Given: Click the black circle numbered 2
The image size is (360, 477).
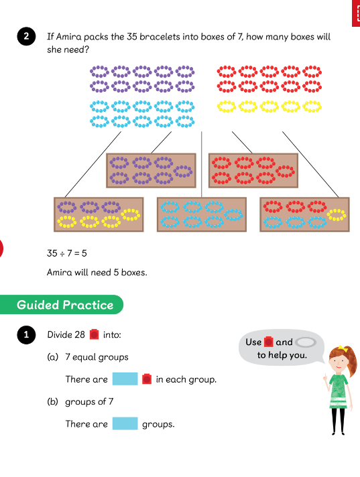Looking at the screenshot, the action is click(x=26, y=36).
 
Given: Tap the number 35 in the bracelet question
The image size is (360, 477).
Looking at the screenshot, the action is click(x=132, y=37).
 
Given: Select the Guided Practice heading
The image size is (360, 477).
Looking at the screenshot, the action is click(x=65, y=305).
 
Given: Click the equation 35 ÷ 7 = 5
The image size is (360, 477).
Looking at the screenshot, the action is click(x=66, y=253).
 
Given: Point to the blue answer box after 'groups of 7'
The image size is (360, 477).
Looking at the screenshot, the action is click(x=125, y=423).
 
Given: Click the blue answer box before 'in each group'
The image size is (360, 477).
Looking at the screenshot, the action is click(x=125, y=379).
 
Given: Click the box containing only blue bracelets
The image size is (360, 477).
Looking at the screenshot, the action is click(x=202, y=214).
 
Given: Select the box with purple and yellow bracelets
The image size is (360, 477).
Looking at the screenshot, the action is click(x=99, y=214).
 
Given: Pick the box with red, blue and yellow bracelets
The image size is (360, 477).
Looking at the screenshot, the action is click(x=304, y=214).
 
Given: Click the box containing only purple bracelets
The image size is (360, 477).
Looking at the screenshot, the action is click(x=151, y=170).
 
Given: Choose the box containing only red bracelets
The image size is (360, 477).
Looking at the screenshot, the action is click(x=253, y=170).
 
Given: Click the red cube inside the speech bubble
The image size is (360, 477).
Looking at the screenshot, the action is click(x=268, y=342).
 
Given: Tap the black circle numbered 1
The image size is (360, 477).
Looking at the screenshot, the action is click(x=26, y=334).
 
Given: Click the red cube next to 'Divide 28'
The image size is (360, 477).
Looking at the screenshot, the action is click(x=95, y=334).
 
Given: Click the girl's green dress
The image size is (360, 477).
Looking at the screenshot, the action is click(x=339, y=391).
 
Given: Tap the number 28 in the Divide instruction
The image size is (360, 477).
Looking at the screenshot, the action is click(x=80, y=334).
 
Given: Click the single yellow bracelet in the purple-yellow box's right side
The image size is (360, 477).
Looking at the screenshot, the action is click(x=131, y=214).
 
